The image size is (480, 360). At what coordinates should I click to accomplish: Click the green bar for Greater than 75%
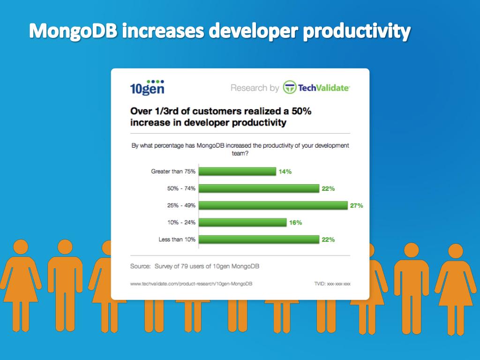pos(237,172)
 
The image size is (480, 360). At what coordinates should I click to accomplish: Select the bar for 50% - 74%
pos(258,188)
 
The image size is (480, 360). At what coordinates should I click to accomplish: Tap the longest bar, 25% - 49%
pos(273,205)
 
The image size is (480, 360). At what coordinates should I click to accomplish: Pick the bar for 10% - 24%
pos(242,223)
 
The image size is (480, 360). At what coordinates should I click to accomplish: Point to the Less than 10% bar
pos(258,240)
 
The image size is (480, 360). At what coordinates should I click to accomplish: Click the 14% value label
pos(285,172)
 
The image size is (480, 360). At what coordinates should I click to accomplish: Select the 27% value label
pos(356,205)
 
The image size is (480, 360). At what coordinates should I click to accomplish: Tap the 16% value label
pos(295,223)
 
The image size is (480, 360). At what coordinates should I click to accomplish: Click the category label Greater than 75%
pos(173,172)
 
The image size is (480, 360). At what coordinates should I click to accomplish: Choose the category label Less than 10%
pos(177,240)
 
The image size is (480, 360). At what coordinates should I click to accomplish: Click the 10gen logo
pos(147,87)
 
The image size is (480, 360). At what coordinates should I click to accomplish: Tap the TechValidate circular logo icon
pos(289,88)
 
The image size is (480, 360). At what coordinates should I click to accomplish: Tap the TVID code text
pos(332,284)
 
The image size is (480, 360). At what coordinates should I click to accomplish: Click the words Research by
pos(255,88)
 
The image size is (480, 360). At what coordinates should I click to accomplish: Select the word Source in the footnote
pos(140,266)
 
